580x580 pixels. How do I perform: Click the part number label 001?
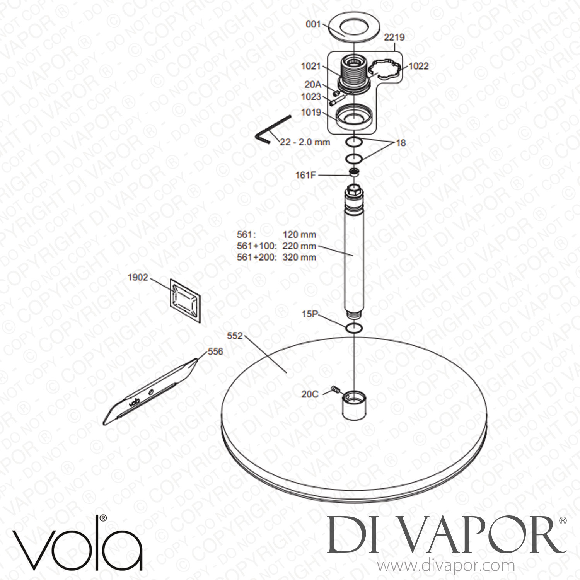(x=313, y=24)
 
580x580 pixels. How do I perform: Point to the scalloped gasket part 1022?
(x=384, y=70)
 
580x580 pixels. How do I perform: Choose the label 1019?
(x=311, y=113)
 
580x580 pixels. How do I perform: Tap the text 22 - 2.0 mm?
(x=305, y=142)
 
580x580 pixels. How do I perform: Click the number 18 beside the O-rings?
(x=401, y=143)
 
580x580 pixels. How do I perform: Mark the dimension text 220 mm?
(x=299, y=246)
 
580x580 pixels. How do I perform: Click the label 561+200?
(x=256, y=257)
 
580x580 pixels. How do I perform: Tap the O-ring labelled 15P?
(x=354, y=328)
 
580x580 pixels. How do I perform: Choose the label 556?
(x=215, y=351)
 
